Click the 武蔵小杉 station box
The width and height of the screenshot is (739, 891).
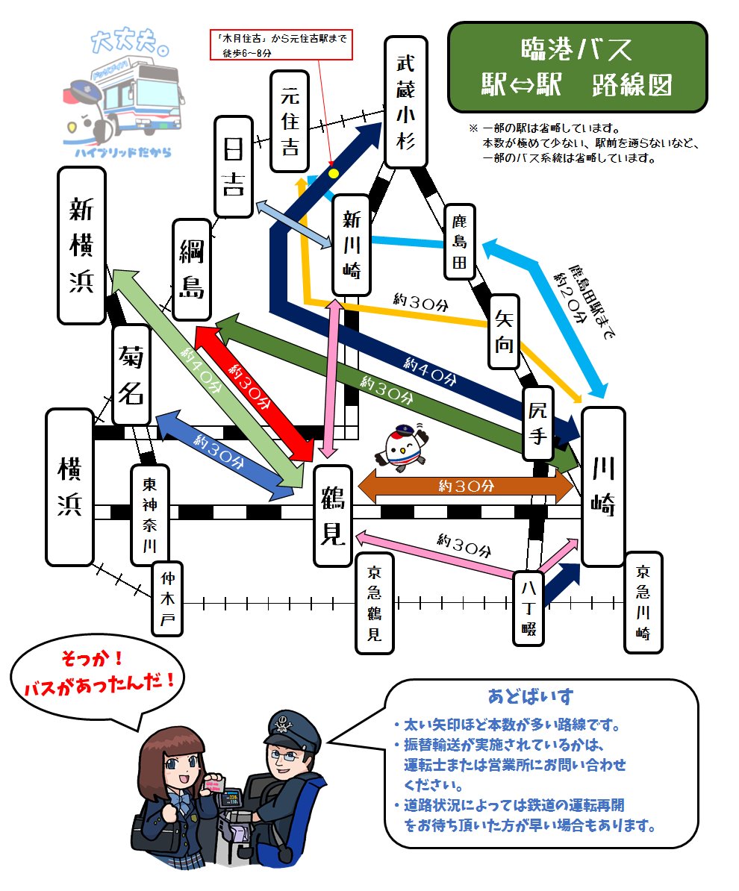pos(405,102)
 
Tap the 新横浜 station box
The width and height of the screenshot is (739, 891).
pos(81,246)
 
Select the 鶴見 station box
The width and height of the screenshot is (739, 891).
pos(332,516)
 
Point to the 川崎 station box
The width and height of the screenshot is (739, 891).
pos(602,487)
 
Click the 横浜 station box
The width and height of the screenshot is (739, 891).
pos(69,487)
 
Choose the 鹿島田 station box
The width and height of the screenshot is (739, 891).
pos(459,242)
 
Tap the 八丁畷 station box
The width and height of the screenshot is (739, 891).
pos(529,607)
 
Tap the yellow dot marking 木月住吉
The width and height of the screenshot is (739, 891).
pos(334,173)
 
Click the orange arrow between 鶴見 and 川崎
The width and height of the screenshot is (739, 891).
pos(466,487)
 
